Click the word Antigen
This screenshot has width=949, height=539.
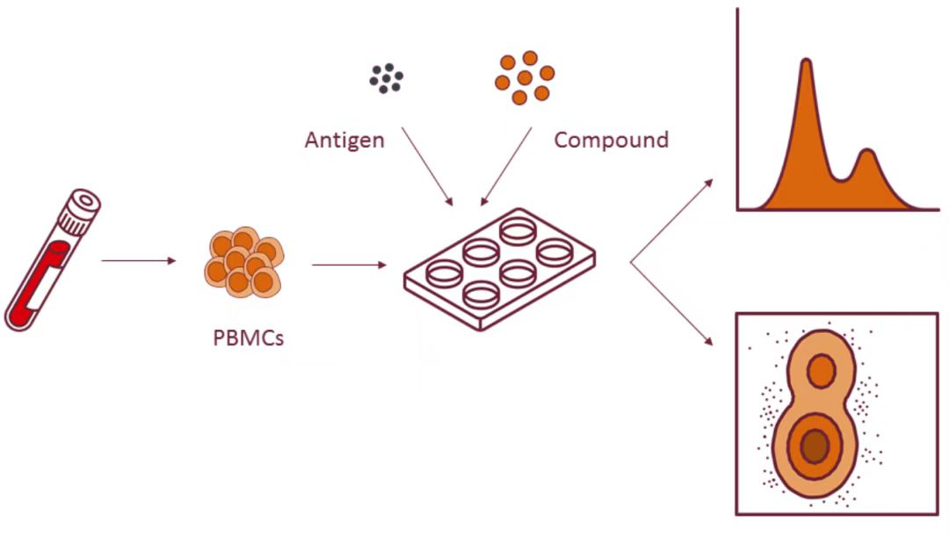344,140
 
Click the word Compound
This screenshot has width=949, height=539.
611,140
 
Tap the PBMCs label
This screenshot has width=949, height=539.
249,338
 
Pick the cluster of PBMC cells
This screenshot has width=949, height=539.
243,261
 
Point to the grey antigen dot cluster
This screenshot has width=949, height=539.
386,77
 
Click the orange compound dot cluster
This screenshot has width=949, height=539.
524,76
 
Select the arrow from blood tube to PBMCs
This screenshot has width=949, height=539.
139,261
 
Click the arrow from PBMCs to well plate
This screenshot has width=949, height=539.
349,264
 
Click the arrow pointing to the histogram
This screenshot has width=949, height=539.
671,220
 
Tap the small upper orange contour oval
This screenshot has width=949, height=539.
822,370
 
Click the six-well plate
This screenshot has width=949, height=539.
499,268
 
